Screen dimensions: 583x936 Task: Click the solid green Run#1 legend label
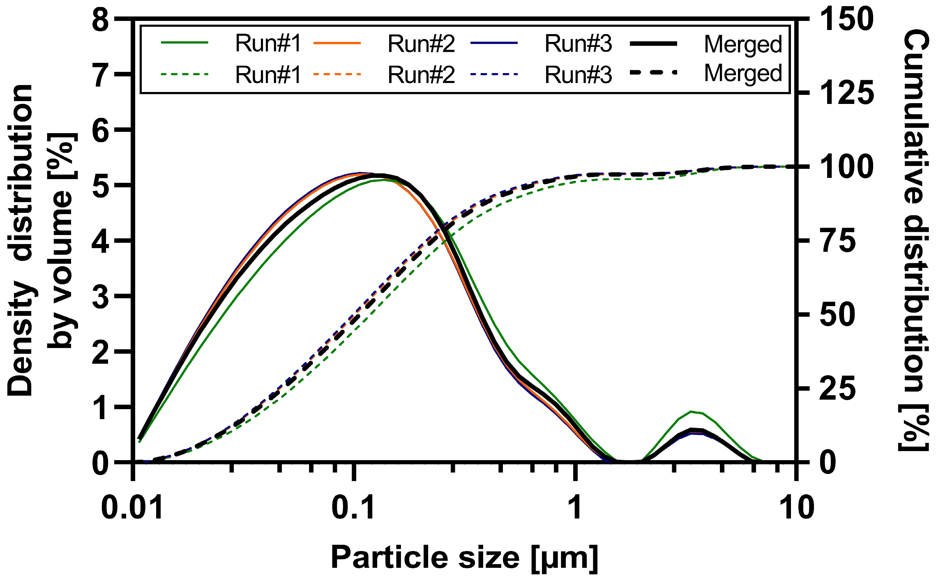268,44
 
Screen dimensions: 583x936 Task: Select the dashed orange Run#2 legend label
421,75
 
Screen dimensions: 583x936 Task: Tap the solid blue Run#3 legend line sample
494,42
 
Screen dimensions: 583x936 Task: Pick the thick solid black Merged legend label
743,44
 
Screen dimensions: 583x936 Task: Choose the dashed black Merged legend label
743,74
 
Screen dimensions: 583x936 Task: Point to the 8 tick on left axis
101,20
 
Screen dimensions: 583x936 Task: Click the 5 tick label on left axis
101,185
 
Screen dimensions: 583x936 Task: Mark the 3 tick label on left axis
101,296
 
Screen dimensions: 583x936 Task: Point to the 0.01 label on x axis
132,507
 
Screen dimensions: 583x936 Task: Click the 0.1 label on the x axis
353,507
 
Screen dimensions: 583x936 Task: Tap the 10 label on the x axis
796,507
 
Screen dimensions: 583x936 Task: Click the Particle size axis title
464,558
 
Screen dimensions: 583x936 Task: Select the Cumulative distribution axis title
915,240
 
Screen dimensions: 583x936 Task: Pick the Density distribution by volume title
41,240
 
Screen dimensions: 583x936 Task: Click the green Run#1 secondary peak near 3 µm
692,411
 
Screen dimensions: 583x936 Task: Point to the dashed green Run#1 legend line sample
184,74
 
